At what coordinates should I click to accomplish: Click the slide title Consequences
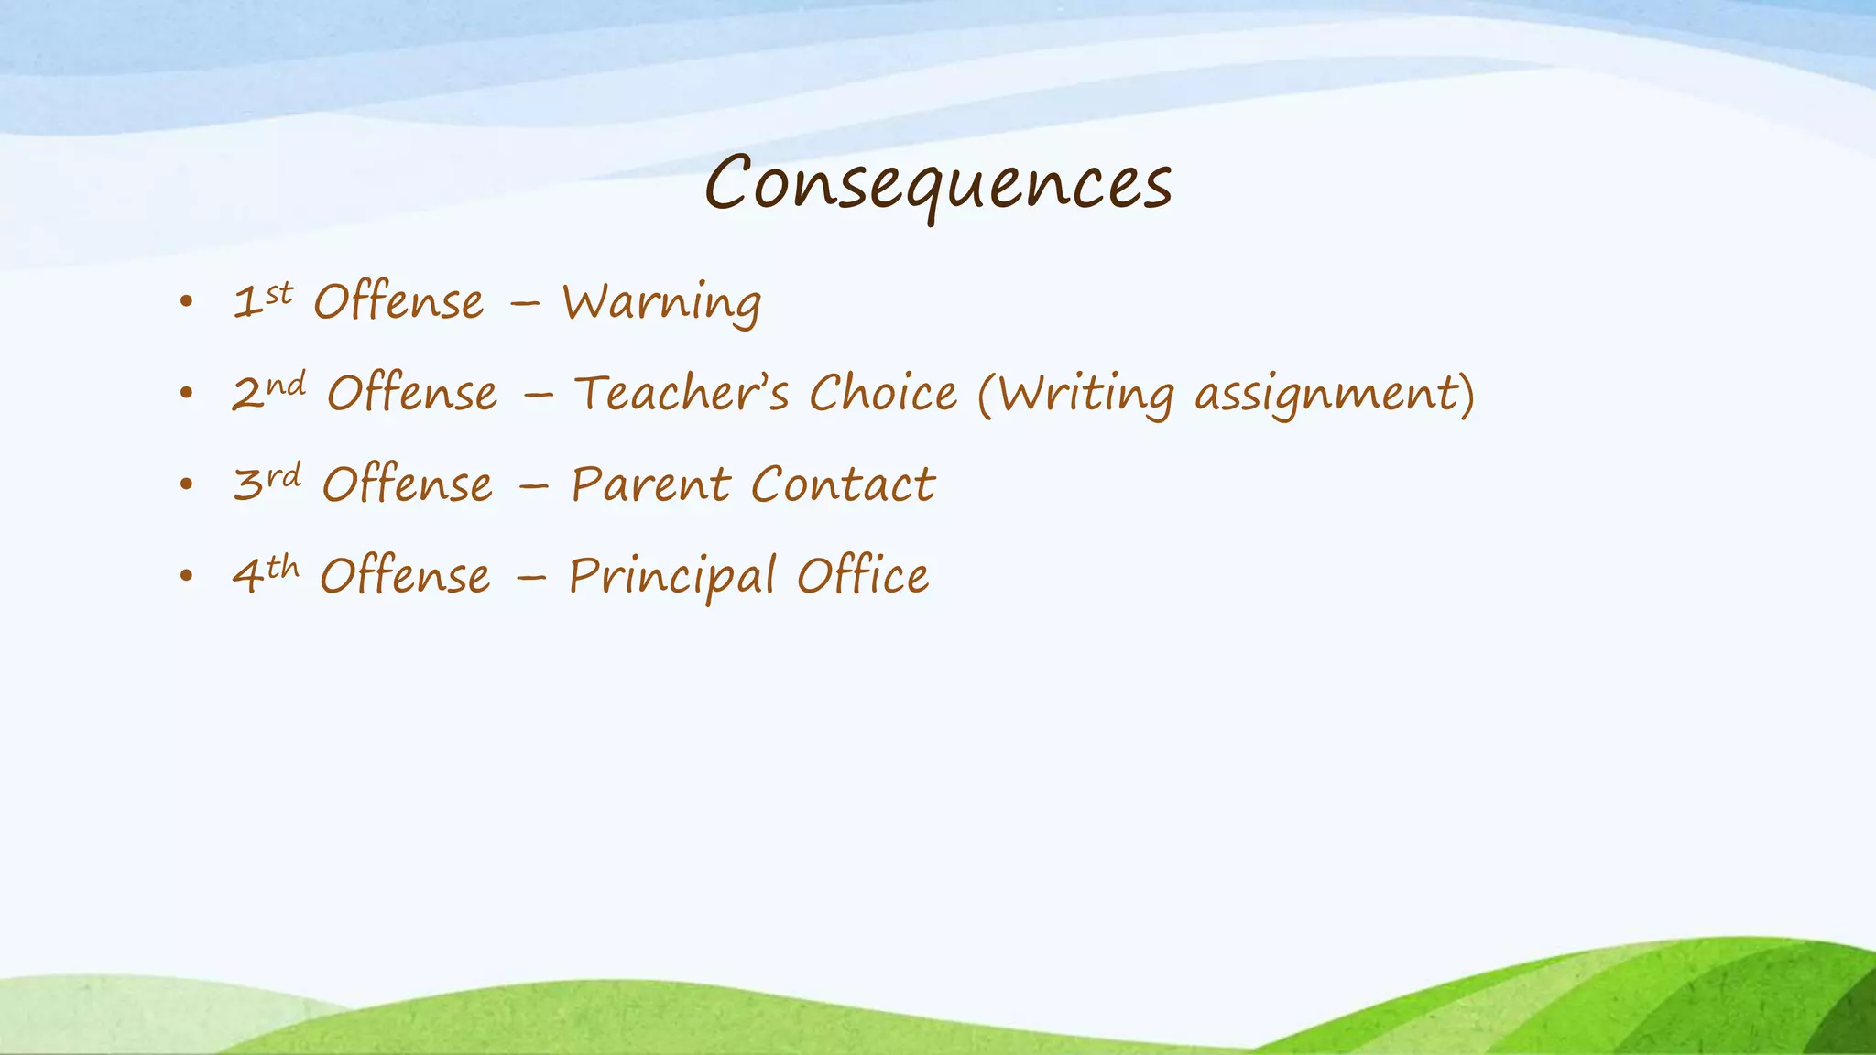tap(938, 183)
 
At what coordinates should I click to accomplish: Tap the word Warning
tap(661, 302)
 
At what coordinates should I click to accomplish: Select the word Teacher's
tap(681, 394)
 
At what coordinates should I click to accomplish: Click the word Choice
tap(883, 394)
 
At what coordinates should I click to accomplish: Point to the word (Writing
tap(1075, 395)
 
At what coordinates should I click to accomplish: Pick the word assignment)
tap(1335, 395)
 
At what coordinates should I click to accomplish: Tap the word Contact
tap(843, 484)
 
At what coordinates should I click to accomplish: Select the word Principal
tap(671, 577)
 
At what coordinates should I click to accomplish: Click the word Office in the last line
tap(862, 576)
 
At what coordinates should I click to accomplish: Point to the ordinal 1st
tap(263, 301)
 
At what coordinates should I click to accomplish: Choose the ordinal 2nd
tap(267, 392)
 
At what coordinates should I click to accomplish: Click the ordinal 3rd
tap(267, 483)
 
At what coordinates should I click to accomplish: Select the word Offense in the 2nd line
tap(412, 394)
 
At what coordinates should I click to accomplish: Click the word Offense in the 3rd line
tap(407, 484)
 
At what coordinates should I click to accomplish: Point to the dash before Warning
tap(524, 306)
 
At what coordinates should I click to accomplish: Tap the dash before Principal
tap(530, 580)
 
